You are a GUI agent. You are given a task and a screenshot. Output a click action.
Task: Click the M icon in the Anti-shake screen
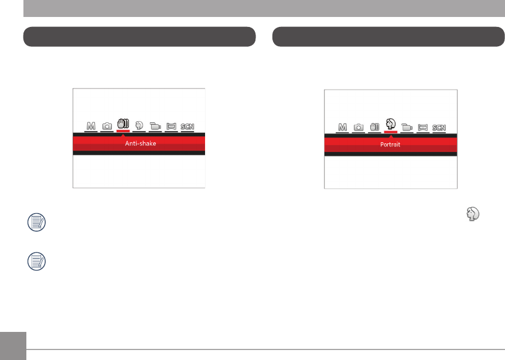pyautogui.click(x=90, y=126)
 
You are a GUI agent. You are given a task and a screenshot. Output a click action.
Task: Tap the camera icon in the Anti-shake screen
pyautogui.click(x=107, y=126)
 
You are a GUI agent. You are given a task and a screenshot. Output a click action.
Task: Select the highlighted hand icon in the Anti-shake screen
pyautogui.click(x=123, y=124)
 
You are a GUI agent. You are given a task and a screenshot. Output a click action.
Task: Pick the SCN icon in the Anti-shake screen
pyautogui.click(x=188, y=126)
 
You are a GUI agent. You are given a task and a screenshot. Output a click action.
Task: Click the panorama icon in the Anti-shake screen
pyautogui.click(x=172, y=126)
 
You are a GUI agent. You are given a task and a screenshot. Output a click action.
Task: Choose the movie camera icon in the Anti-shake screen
pyautogui.click(x=155, y=126)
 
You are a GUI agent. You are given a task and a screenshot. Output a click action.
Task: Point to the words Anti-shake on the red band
pyautogui.click(x=140, y=143)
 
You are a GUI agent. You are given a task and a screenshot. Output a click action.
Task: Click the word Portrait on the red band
pyautogui.click(x=390, y=144)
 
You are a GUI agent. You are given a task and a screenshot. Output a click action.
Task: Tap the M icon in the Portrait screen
pyautogui.click(x=343, y=127)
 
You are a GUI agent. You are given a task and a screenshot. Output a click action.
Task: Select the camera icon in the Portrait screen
pyautogui.click(x=359, y=127)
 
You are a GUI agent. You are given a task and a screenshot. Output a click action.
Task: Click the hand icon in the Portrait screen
pyautogui.click(x=375, y=127)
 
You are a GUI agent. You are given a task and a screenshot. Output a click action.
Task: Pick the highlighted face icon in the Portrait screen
pyautogui.click(x=391, y=124)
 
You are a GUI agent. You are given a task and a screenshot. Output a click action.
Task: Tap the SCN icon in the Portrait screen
pyautogui.click(x=439, y=127)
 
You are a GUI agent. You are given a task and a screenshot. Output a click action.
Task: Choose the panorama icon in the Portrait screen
pyautogui.click(x=422, y=127)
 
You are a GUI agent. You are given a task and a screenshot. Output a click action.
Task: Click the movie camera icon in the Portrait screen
pyautogui.click(x=407, y=127)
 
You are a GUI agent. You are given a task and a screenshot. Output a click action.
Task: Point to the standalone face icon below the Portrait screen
pyautogui.click(x=473, y=216)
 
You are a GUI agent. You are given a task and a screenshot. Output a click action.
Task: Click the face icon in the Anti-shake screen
pyautogui.click(x=139, y=126)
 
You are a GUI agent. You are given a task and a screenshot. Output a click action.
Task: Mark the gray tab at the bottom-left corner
pyautogui.click(x=13, y=347)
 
